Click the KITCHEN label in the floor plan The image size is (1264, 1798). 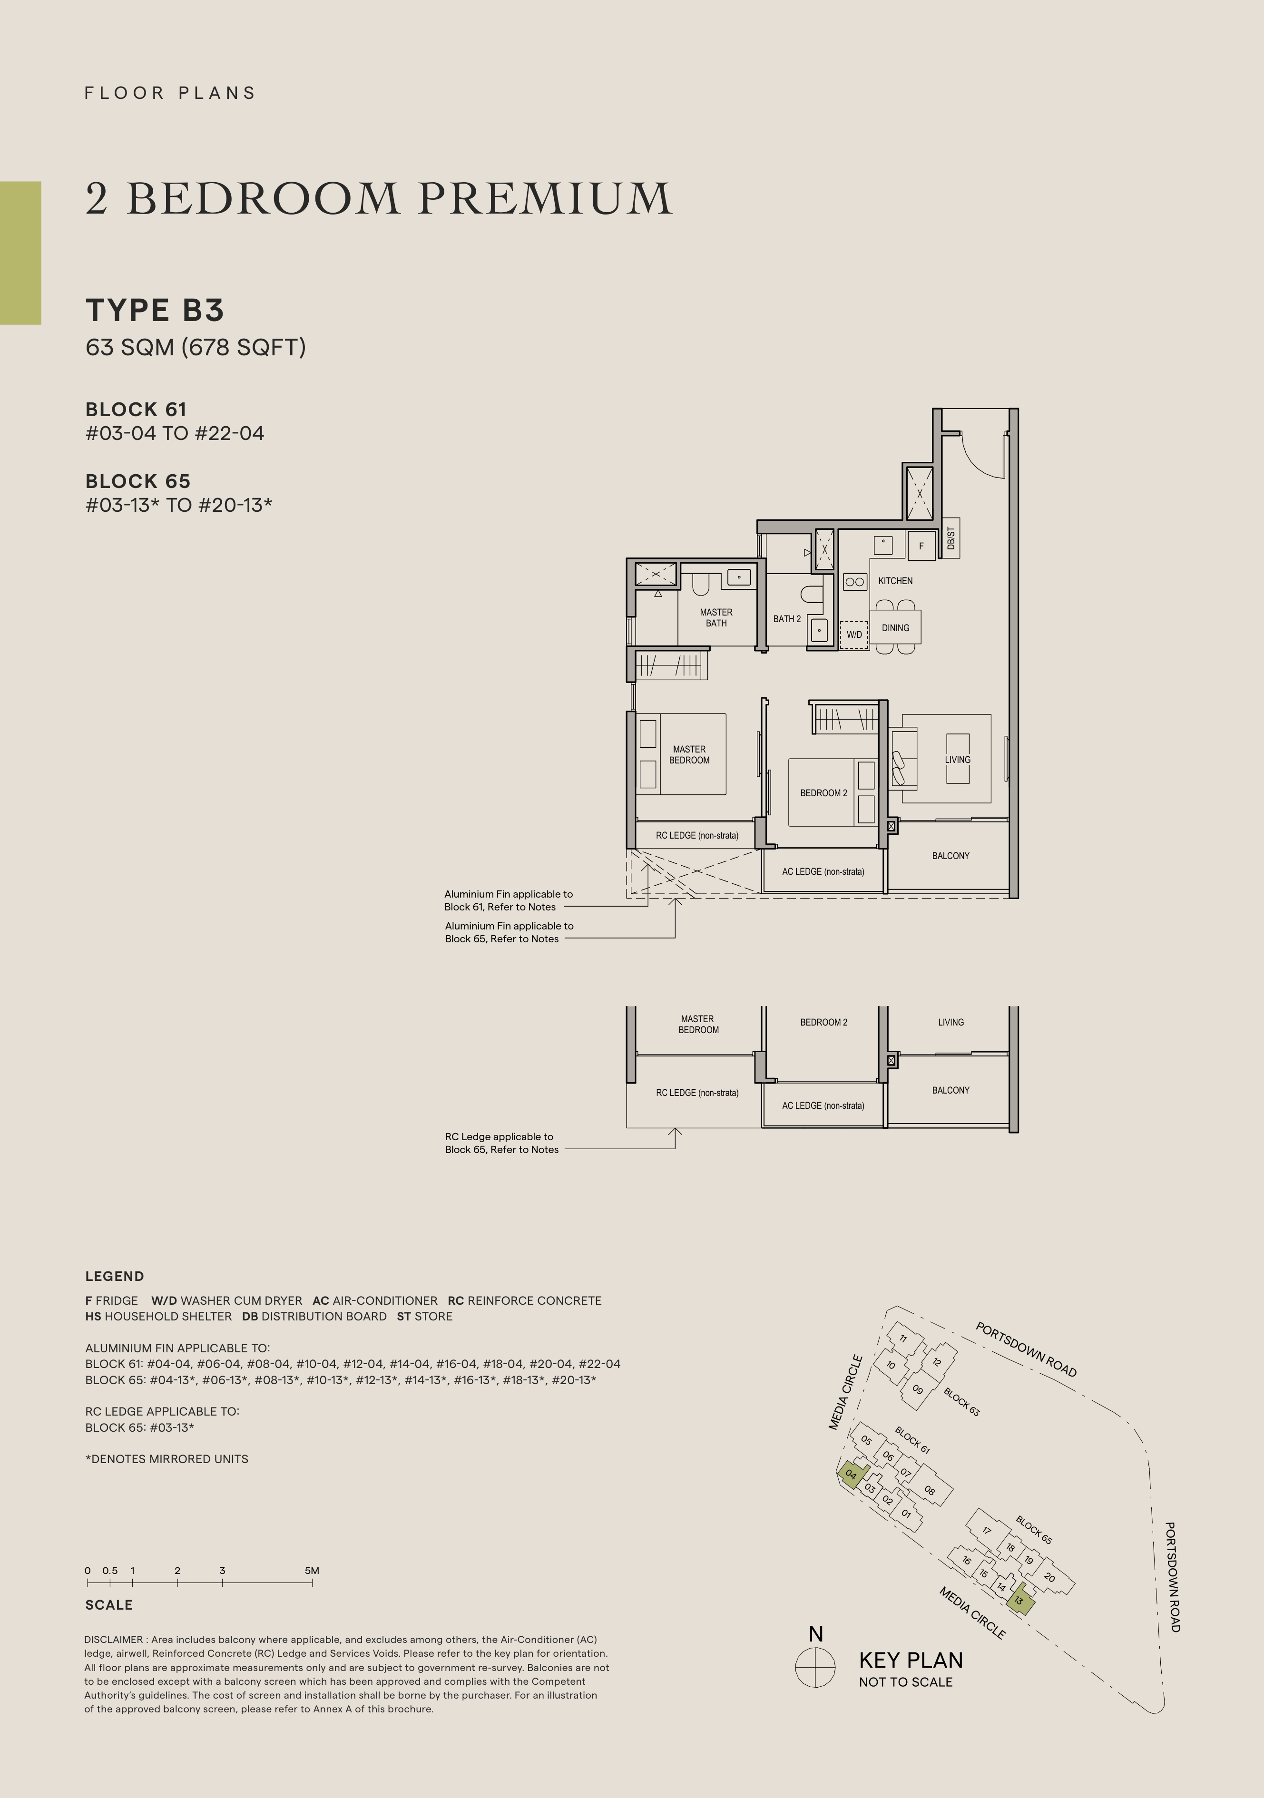(895, 581)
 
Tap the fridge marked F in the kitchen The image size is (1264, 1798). (921, 546)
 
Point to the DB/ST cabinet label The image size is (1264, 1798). (951, 538)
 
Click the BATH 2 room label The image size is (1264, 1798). (787, 619)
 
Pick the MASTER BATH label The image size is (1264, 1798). (716, 618)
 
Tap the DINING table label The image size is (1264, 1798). (895, 628)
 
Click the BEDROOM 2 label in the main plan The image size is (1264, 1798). (823, 793)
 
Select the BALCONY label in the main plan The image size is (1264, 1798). (951, 856)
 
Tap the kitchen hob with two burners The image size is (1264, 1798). (854, 582)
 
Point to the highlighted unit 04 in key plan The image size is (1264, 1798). (852, 1474)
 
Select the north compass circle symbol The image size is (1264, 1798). (815, 1667)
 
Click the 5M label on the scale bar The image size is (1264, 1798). (312, 1570)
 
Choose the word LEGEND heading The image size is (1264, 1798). (114, 1276)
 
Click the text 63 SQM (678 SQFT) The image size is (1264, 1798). (196, 347)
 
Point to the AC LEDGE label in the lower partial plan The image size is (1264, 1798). (823, 1106)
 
